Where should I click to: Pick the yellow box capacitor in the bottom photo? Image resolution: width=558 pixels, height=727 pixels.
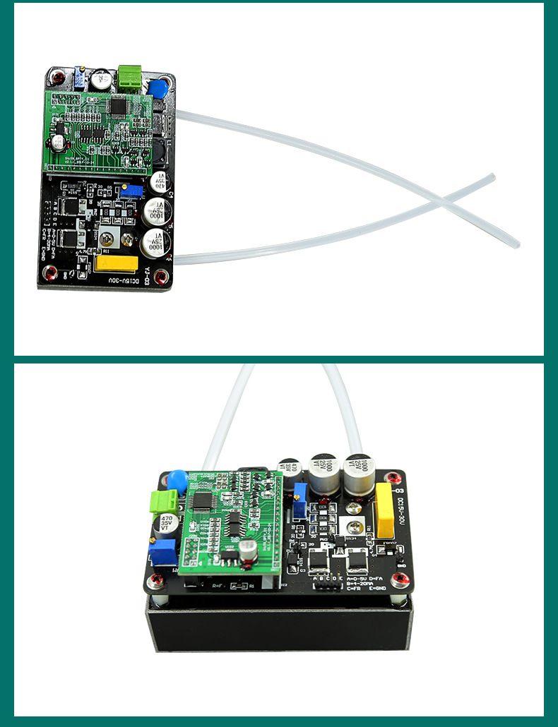[x=385, y=510]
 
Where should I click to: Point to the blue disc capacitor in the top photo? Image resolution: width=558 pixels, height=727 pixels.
[x=158, y=90]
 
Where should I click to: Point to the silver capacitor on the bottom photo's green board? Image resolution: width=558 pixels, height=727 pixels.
[x=247, y=553]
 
